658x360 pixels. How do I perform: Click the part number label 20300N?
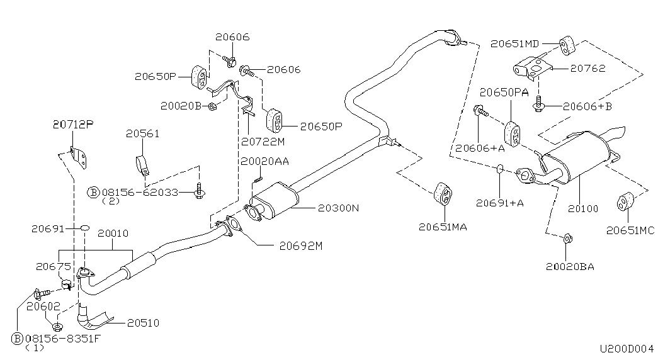pos(338,208)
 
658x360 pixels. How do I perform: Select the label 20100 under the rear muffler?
pos(583,208)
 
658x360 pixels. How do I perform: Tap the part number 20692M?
pos(301,246)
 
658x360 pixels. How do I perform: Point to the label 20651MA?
pos(443,227)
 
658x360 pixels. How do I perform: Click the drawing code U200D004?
pos(627,348)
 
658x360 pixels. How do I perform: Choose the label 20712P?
pos(73,124)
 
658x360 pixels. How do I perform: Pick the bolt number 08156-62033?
pos(140,193)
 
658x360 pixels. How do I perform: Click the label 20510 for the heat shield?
pos(143,323)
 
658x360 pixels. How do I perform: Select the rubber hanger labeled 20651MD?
pos(567,45)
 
